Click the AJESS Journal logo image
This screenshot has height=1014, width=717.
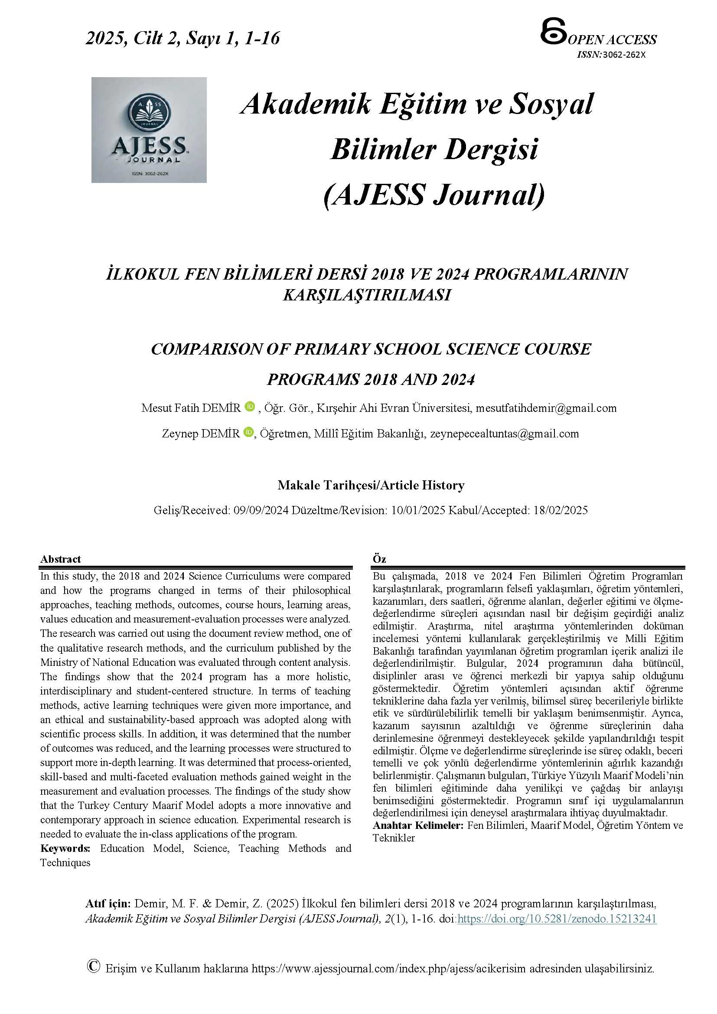(149, 130)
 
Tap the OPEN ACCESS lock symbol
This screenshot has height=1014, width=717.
(553, 31)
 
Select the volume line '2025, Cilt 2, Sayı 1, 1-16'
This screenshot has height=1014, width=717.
(183, 38)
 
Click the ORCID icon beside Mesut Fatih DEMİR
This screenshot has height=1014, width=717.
(250, 406)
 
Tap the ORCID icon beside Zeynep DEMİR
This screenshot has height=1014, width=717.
(248, 432)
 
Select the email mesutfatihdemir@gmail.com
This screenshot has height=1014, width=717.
(546, 408)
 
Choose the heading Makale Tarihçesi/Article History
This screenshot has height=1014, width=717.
(371, 485)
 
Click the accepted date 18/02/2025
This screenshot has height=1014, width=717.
(560, 510)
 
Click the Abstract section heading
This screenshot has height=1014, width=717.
(61, 559)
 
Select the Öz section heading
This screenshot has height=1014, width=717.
(379, 559)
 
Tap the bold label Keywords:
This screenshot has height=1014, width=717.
(65, 848)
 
